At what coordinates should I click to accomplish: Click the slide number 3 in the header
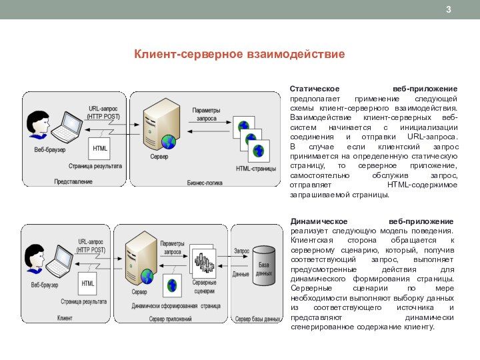tap(449, 9)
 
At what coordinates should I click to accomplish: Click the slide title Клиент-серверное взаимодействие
tap(240, 53)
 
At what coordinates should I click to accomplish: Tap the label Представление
tap(73, 181)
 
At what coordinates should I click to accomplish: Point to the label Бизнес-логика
tap(205, 181)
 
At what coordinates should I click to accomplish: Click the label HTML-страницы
tap(256, 169)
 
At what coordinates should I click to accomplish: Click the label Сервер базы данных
tap(257, 319)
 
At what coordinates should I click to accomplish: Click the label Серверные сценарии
tap(205, 287)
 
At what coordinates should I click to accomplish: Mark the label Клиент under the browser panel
tap(65, 319)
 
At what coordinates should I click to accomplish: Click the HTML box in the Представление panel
tap(100, 149)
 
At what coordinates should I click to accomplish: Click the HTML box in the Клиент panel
tap(88, 283)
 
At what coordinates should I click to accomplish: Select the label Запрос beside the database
tap(241, 251)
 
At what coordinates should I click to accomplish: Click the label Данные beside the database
tap(241, 274)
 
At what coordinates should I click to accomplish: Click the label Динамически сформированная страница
tap(176, 306)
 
